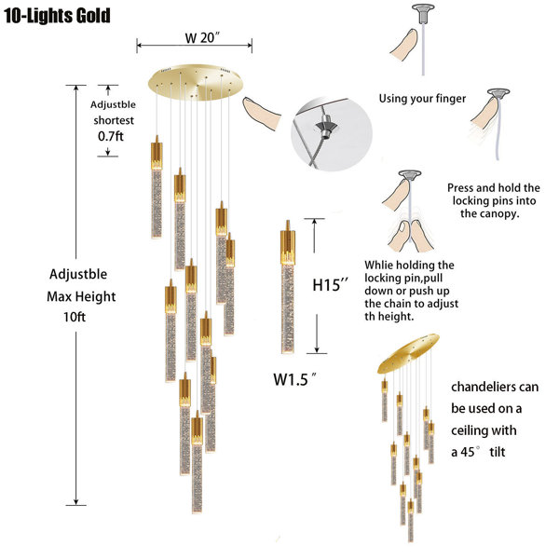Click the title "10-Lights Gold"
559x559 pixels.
pos(57,16)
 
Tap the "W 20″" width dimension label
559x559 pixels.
pos(202,38)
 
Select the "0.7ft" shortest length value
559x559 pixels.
pos(111,136)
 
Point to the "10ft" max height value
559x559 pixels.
pos(75,317)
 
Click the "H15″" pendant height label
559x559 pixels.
pos(330,285)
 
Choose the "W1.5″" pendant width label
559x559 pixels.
pos(294,379)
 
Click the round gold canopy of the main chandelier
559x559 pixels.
pos(195,82)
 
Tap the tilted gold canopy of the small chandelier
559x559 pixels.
pos(408,353)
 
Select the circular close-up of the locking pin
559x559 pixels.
pos(331,133)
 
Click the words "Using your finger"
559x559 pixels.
pos(422,99)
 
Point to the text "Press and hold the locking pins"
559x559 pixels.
pos(494,194)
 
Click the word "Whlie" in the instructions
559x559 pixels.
pos(378,265)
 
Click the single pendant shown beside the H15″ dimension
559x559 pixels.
pos(287,287)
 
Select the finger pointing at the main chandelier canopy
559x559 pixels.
pos(261,113)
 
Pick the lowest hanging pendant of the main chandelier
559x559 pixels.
pos(197,462)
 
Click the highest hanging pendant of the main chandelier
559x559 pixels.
pos(157,186)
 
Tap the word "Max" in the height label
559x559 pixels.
pos(58,296)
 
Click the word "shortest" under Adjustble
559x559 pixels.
pos(114,120)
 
